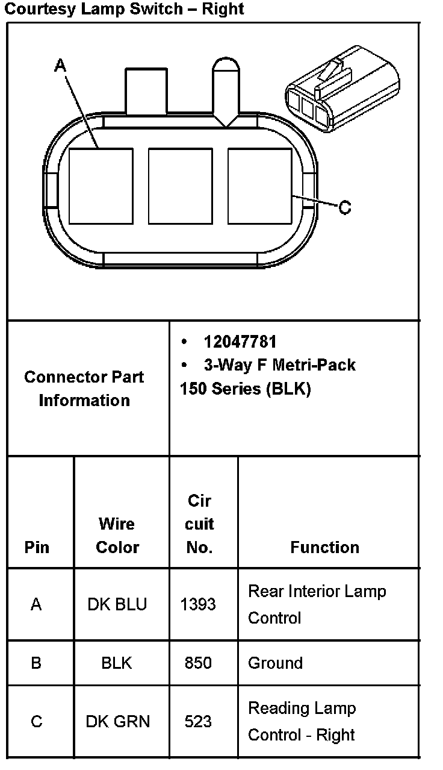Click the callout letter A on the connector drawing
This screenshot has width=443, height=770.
pyautogui.click(x=60, y=64)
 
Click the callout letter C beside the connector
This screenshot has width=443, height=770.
pyautogui.click(x=344, y=207)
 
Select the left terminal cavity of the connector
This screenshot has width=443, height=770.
pyautogui.click(x=101, y=186)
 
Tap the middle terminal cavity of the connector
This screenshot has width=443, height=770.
pyautogui.click(x=180, y=186)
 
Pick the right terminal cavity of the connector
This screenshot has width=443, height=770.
pyautogui.click(x=259, y=186)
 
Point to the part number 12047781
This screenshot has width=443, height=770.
pyautogui.click(x=240, y=342)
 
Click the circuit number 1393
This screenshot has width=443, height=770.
pyautogui.click(x=198, y=604)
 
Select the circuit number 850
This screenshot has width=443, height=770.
pyautogui.click(x=198, y=663)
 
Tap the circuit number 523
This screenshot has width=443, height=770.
pyautogui.click(x=198, y=721)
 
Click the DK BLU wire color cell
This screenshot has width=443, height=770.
pyautogui.click(x=117, y=604)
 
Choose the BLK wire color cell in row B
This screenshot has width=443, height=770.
pyautogui.click(x=117, y=663)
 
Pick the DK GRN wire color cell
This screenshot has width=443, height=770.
pyautogui.click(x=118, y=721)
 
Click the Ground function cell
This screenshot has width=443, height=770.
pyautogui.click(x=275, y=663)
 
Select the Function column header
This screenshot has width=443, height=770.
pyautogui.click(x=324, y=547)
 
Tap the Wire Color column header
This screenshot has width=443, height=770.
pyautogui.click(x=117, y=536)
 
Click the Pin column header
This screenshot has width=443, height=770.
pyautogui.click(x=37, y=547)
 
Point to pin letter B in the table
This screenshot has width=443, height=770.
pyautogui.click(x=36, y=663)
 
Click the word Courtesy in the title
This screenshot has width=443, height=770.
pyautogui.click(x=38, y=9)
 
